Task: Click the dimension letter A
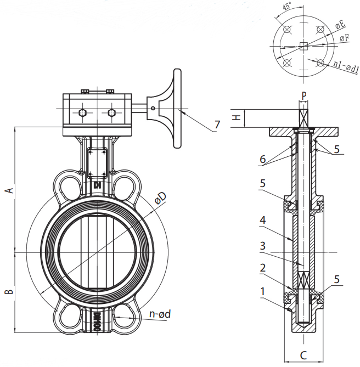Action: [9, 190]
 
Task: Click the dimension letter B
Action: [9, 292]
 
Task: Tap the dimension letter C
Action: [303, 355]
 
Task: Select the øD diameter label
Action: [161, 198]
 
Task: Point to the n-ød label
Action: [160, 314]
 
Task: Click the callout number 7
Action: [217, 125]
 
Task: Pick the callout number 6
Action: [263, 160]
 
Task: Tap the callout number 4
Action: [263, 220]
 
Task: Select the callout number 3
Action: [263, 246]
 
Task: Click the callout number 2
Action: [263, 268]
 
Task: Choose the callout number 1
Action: [262, 291]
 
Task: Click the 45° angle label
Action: [287, 5]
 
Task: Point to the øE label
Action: [340, 25]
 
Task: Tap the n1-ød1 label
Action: [346, 67]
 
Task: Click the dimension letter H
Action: [237, 117]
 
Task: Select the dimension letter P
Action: [303, 95]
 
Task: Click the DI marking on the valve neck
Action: [97, 185]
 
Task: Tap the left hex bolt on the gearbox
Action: [82, 113]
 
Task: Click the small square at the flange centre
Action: [303, 46]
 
